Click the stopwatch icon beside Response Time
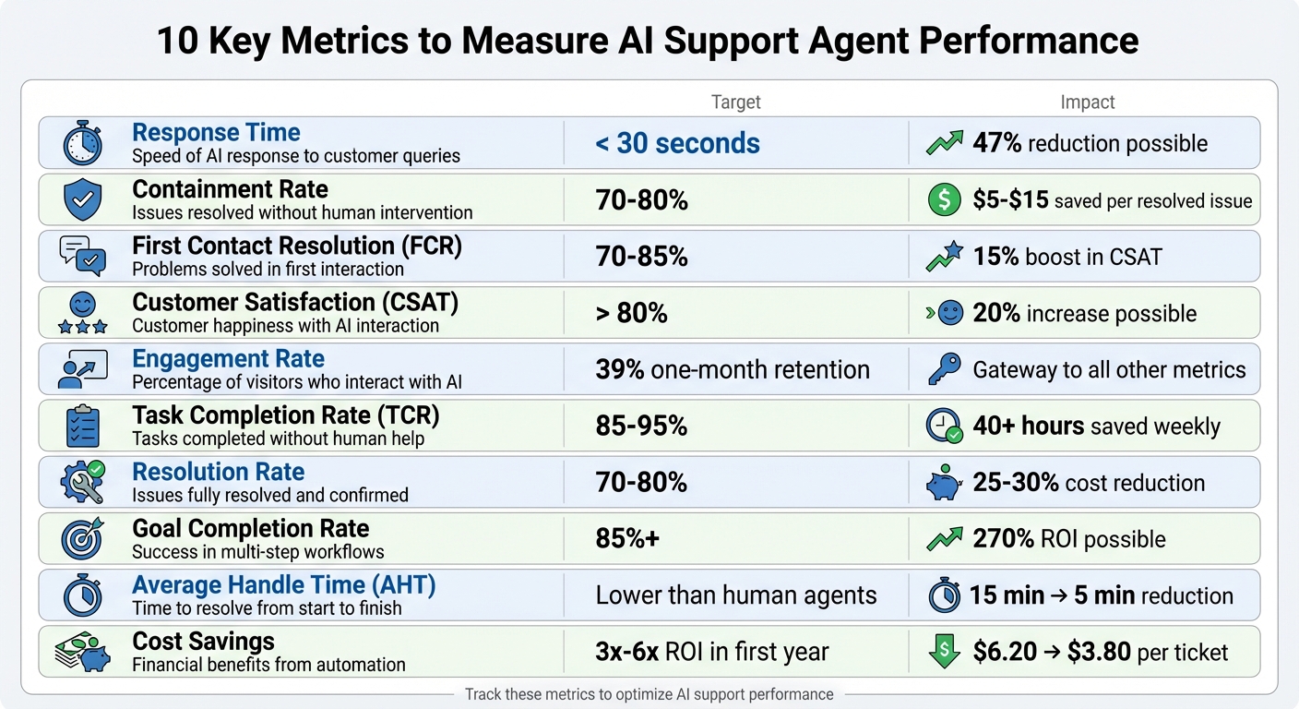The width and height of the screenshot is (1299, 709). point(82,144)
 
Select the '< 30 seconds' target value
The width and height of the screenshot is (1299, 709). point(677,143)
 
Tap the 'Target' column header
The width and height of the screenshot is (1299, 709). point(735,102)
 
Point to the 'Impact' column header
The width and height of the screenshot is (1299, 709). point(1087,102)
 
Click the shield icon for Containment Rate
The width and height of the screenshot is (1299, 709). point(82,200)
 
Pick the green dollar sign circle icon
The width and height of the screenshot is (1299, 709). point(944,200)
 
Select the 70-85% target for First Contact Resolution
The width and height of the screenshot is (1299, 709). point(641,257)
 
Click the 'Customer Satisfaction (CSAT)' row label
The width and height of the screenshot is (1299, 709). point(294,302)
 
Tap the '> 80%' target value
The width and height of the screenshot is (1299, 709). point(631,313)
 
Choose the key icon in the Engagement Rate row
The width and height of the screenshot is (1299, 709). point(944,370)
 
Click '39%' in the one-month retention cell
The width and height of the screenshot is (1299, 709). point(619,370)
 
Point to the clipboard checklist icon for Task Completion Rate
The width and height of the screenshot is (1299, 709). point(82,427)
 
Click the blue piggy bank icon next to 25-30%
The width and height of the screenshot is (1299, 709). point(944,483)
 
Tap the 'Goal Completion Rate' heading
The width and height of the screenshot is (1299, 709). point(250,528)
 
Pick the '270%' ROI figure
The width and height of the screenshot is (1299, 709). point(1003,539)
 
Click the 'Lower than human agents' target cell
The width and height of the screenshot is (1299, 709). point(735,595)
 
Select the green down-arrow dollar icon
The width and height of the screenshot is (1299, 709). point(944,652)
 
